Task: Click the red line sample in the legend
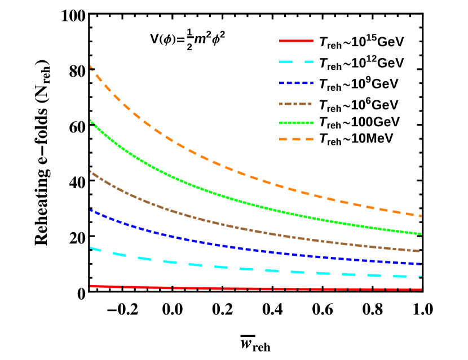(x=296, y=41)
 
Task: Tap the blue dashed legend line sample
(x=296, y=83)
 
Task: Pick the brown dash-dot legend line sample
(x=295, y=104)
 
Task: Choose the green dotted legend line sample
(x=296, y=123)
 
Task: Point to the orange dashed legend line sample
(x=296, y=139)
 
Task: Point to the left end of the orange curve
(x=91, y=67)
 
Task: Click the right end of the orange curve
(x=420, y=215)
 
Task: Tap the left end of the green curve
(x=91, y=121)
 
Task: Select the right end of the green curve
(x=420, y=233)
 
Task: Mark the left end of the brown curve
(x=91, y=172)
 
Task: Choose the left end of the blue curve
(x=91, y=211)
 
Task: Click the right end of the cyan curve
(x=420, y=277)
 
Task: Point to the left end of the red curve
(x=91, y=286)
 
